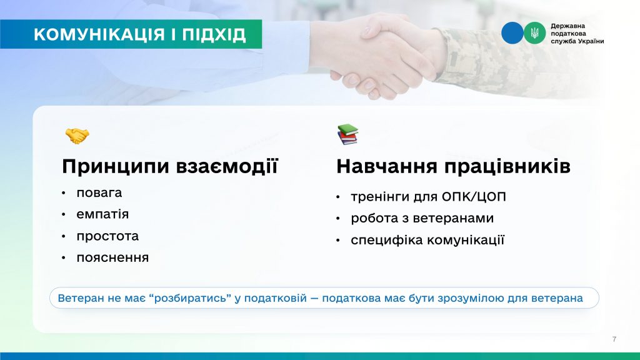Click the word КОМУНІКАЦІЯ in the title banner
99,35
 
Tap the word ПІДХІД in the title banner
214,35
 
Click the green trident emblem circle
535,33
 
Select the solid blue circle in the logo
512,33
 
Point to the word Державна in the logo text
567,26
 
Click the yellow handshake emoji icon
77,136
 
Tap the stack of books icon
347,135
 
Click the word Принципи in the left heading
116,166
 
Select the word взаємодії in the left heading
227,166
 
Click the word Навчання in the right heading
386,166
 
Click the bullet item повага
99,192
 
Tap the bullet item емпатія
102,214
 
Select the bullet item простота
107,236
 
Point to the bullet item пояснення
112,258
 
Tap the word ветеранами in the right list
453,218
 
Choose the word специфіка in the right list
387,240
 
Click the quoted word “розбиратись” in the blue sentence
190,298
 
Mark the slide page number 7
614,339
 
